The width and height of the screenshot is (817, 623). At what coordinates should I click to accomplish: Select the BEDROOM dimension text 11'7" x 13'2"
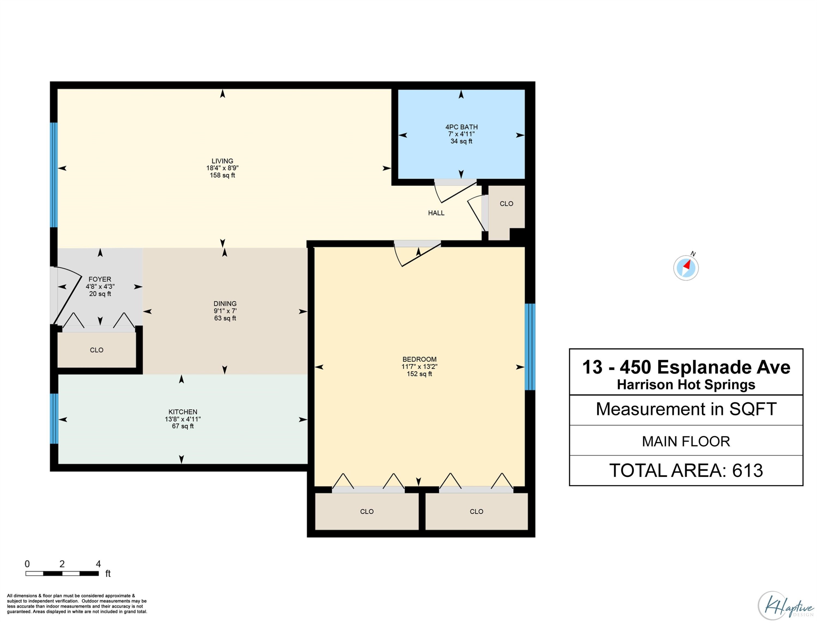point(419,367)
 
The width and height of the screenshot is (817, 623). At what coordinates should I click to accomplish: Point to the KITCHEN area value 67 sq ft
point(183,426)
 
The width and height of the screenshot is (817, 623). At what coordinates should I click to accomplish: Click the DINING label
point(225,304)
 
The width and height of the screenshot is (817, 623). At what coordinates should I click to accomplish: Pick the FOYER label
point(100,279)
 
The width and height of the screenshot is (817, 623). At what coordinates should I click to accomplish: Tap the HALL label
point(436,213)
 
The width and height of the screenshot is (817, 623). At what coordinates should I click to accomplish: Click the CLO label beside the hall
point(506,203)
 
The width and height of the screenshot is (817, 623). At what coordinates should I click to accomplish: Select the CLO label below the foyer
point(97,350)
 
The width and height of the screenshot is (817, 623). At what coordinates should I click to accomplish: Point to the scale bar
point(62,573)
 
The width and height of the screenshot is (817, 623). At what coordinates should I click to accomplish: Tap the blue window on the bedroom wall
point(530,347)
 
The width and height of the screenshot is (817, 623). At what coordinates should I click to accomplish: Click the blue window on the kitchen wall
point(54,418)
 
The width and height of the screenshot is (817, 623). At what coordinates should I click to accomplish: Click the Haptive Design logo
point(786,606)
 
